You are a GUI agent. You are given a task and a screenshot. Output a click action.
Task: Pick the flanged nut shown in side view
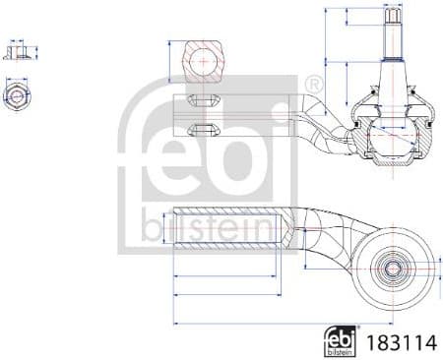click(x=14, y=50)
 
